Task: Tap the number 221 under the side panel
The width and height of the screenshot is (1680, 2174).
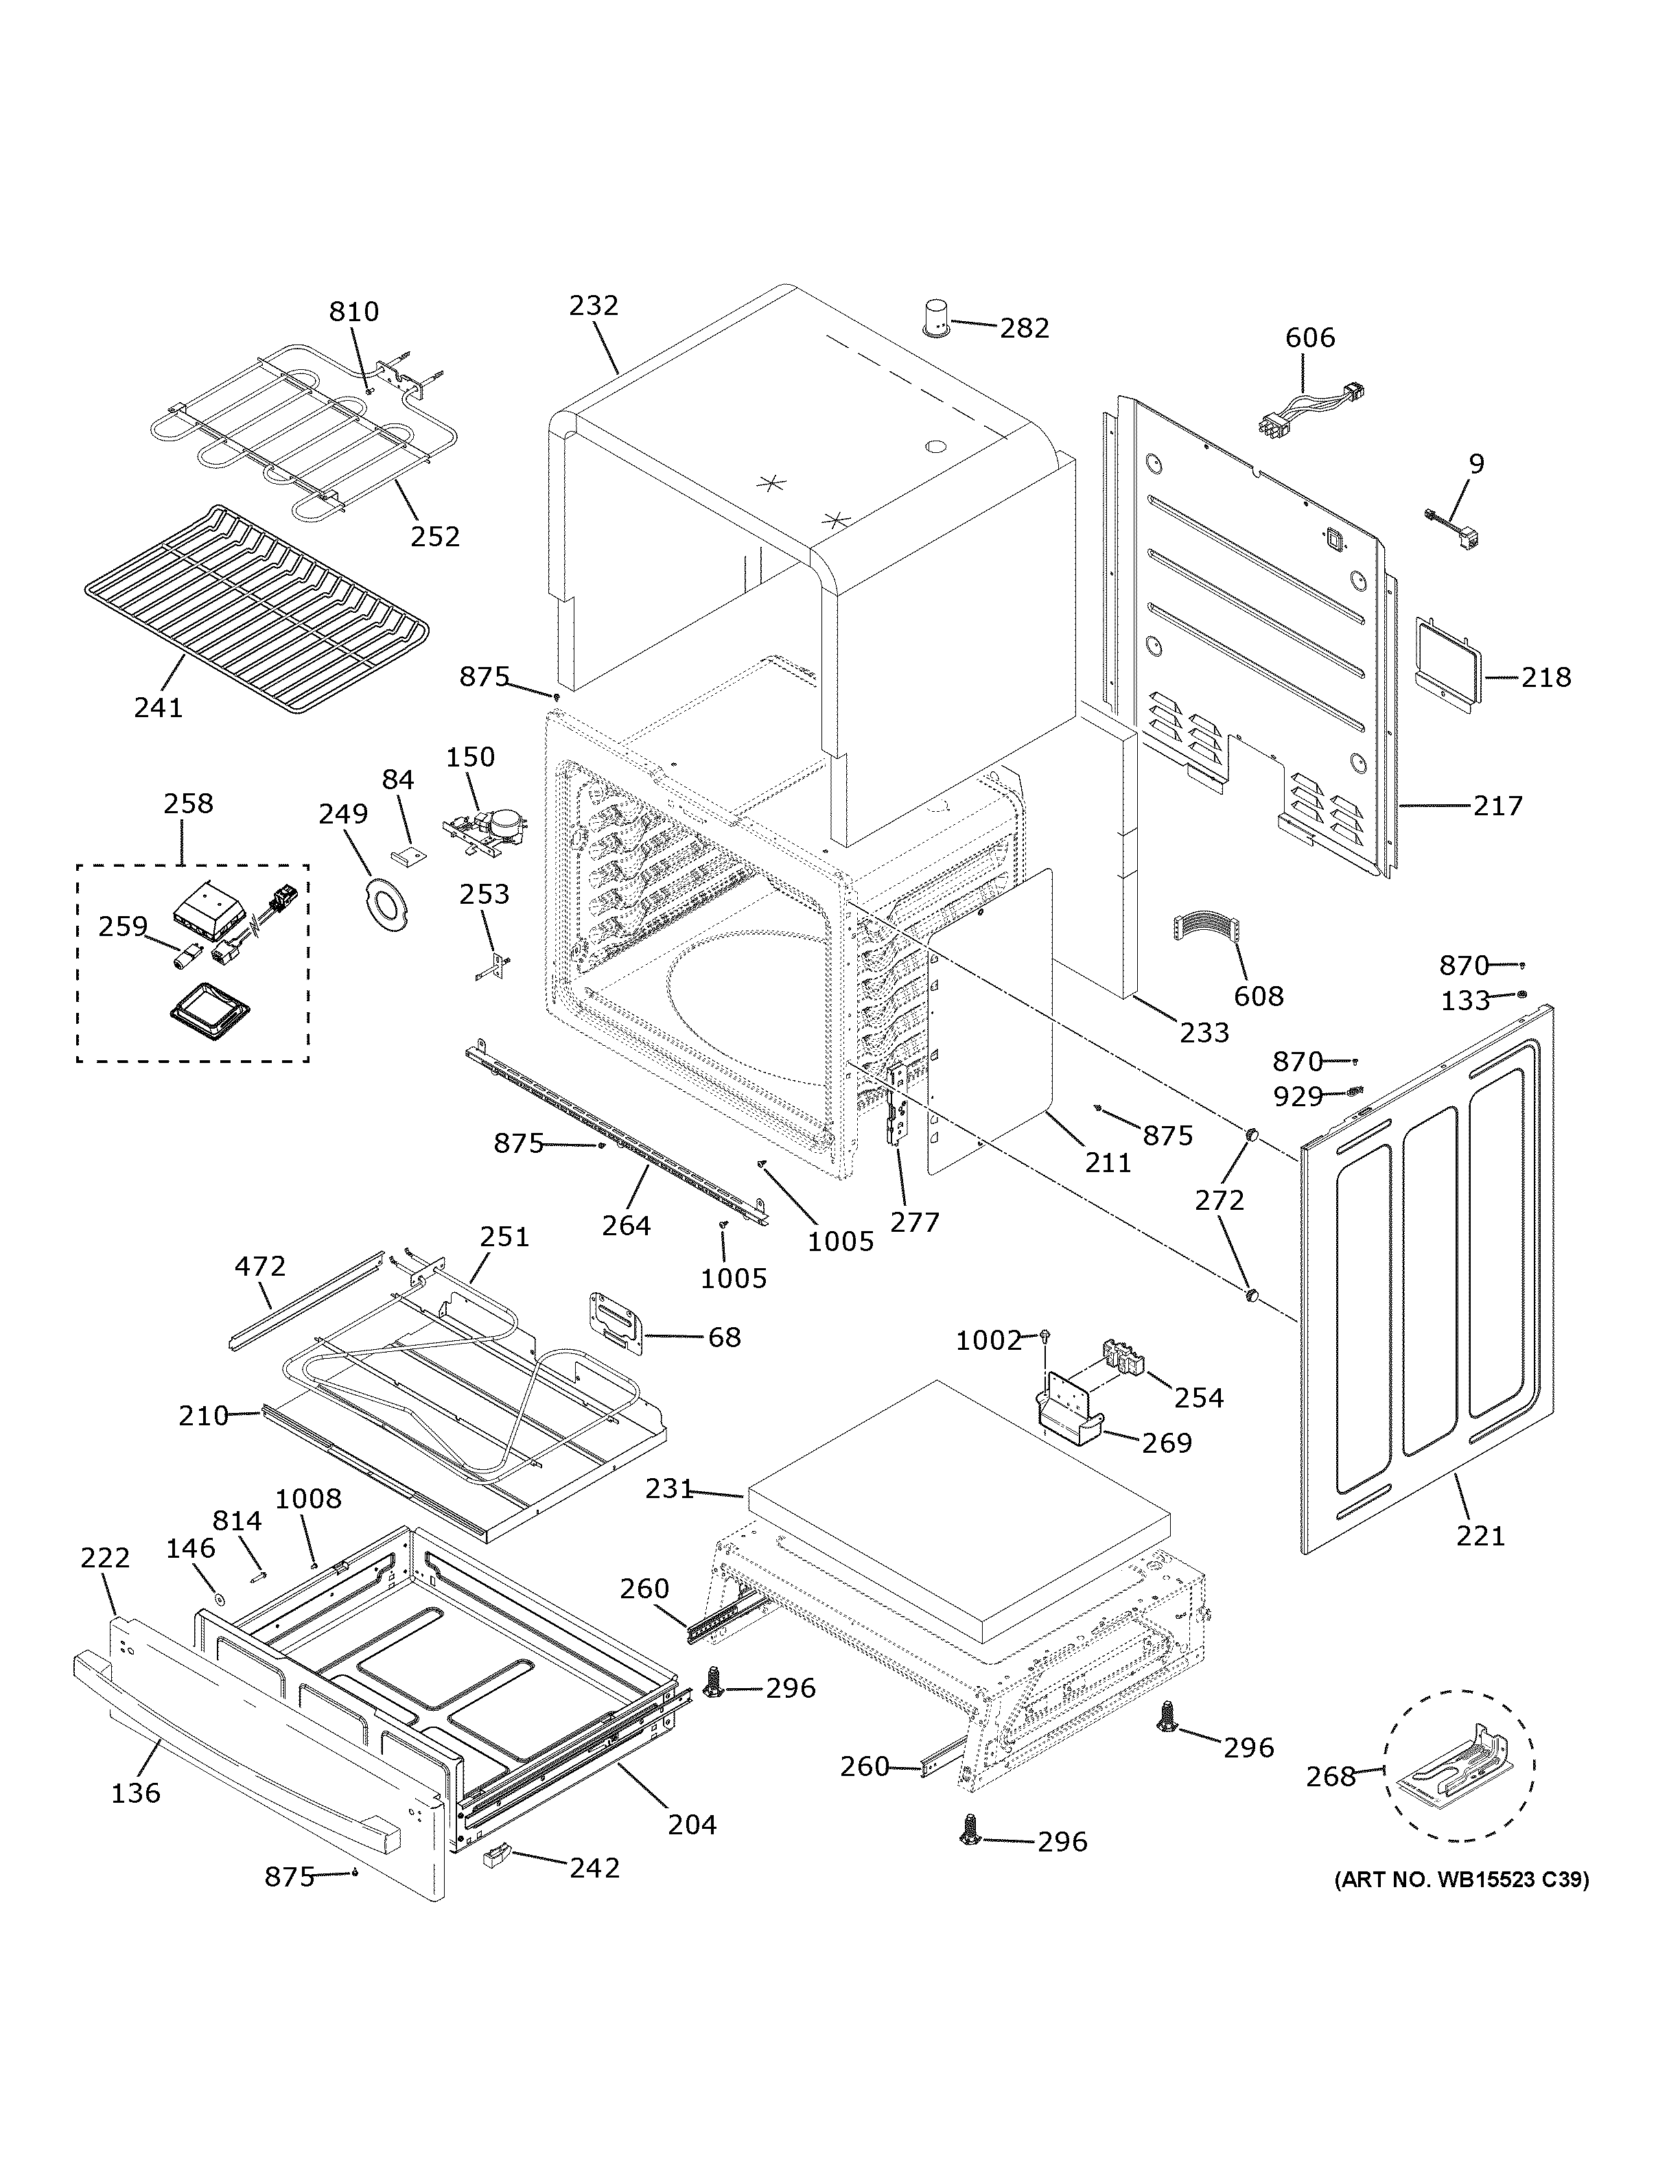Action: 1481,1536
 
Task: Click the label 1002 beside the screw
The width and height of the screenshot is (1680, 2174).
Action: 988,1341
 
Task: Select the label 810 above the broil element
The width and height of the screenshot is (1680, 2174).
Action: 354,312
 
